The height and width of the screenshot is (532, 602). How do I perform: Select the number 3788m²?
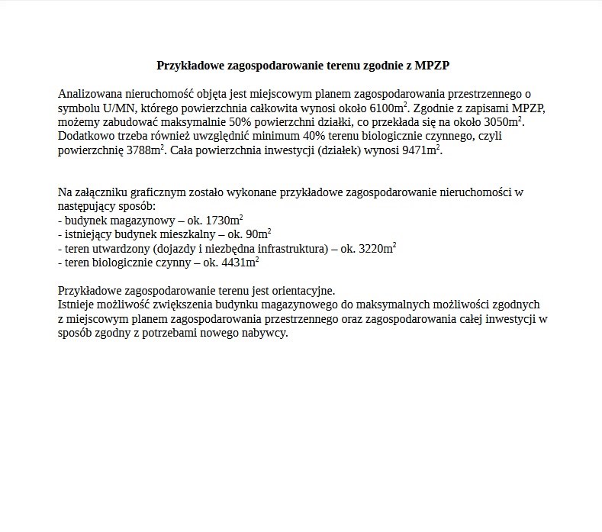(x=146, y=150)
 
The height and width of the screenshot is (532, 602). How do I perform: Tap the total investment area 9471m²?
(x=421, y=150)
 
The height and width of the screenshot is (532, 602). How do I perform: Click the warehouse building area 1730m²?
(x=219, y=220)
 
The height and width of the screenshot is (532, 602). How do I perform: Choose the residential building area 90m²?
(x=259, y=234)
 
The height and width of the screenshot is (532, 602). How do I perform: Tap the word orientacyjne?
(x=300, y=291)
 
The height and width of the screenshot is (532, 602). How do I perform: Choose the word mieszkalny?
(x=188, y=234)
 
